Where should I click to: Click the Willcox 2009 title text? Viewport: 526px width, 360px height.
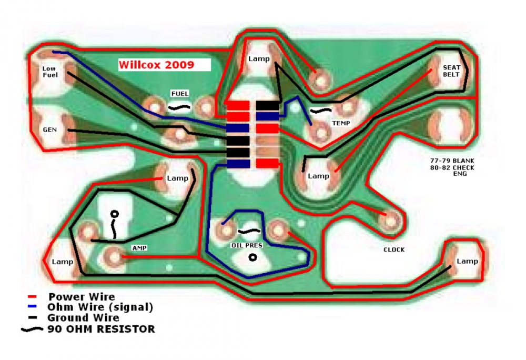click(156, 64)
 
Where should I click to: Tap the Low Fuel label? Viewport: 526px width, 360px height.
click(50, 72)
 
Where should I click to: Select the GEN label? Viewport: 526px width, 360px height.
click(49, 129)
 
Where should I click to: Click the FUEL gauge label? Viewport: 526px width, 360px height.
click(180, 94)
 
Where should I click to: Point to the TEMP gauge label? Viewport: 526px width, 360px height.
click(341, 123)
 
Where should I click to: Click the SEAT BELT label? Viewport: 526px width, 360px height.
click(451, 71)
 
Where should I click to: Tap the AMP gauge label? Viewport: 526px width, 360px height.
click(139, 247)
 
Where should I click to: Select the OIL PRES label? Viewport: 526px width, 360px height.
click(247, 245)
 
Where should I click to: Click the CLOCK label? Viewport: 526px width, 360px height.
click(394, 249)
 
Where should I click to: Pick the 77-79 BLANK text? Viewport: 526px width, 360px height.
click(452, 161)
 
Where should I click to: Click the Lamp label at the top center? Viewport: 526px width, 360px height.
click(259, 59)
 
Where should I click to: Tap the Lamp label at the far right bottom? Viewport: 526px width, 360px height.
click(467, 261)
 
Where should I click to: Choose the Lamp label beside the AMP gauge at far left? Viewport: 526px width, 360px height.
click(63, 262)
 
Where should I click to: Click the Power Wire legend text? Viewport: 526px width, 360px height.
click(82, 297)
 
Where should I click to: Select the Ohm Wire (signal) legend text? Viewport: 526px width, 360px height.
click(100, 307)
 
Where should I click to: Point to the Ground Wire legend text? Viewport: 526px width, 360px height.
click(83, 317)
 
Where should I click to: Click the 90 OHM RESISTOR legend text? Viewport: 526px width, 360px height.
click(102, 329)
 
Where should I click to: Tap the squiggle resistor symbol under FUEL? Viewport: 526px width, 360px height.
click(179, 108)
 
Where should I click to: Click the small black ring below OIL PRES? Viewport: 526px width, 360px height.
click(252, 257)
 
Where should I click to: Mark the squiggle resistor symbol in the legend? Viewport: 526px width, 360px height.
click(32, 329)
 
